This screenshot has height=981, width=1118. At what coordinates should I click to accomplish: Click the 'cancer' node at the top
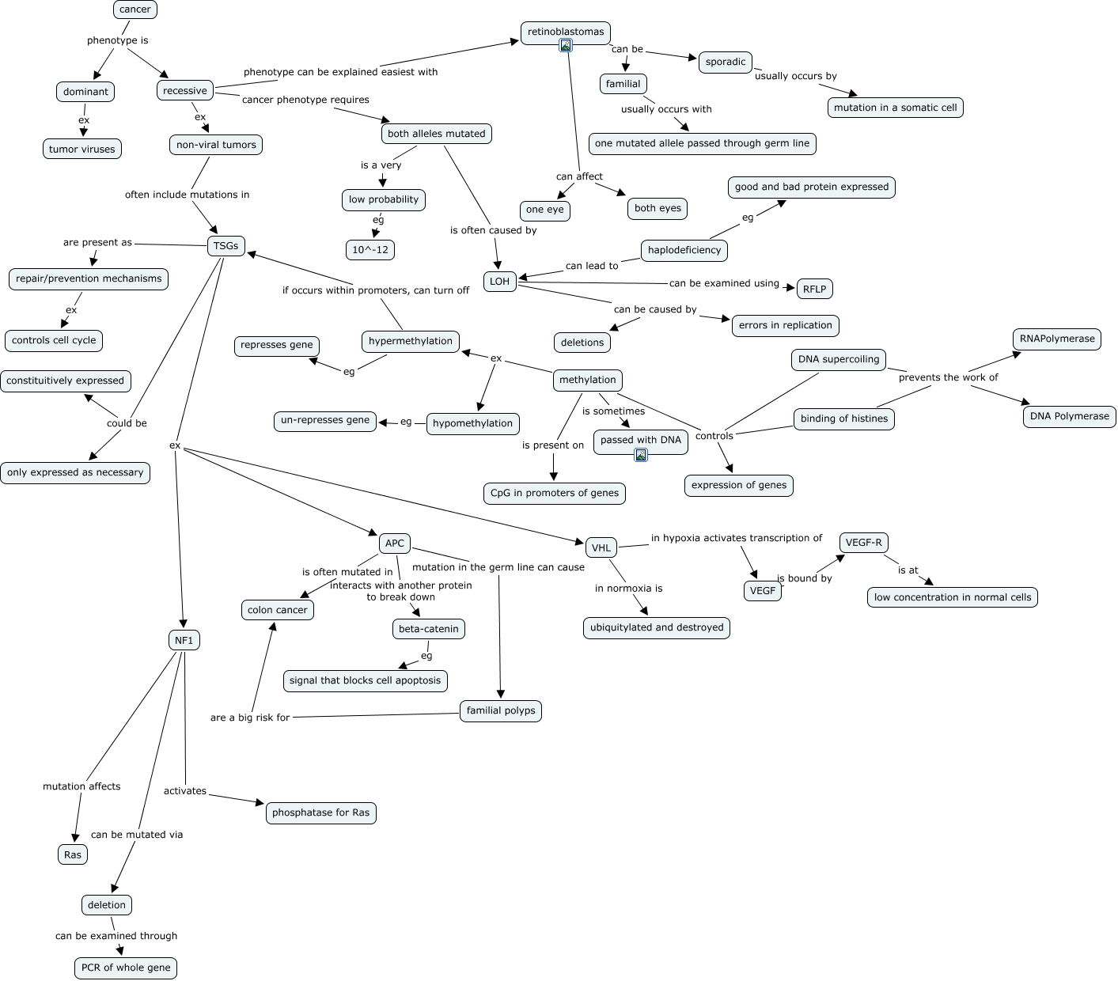[135, 9]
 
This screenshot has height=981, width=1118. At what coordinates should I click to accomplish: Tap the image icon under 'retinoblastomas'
[566, 45]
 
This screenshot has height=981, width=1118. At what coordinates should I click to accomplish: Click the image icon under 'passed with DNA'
[641, 455]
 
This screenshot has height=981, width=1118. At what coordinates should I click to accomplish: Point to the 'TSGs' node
[225, 246]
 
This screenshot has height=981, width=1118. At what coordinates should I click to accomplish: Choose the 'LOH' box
[499, 282]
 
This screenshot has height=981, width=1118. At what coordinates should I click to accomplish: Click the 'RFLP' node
[814, 289]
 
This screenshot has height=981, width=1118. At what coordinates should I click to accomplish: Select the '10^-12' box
[370, 250]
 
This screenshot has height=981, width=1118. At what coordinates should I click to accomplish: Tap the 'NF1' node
[184, 640]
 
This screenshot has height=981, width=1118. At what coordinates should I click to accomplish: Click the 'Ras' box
[73, 854]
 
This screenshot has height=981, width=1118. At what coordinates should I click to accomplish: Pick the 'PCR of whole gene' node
[126, 968]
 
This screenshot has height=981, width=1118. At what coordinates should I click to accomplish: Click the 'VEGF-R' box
[863, 543]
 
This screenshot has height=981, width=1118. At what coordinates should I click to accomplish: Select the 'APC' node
[395, 543]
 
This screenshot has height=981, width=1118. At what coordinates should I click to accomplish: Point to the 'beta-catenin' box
[429, 629]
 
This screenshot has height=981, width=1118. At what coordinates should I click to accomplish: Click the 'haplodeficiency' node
[684, 250]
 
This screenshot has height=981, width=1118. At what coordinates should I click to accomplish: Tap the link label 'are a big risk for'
[250, 718]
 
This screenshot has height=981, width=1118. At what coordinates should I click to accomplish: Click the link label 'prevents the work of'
[948, 377]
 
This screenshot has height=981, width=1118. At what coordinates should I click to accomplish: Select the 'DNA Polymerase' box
[1070, 416]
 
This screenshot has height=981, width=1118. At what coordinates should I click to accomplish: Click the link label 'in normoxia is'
[628, 588]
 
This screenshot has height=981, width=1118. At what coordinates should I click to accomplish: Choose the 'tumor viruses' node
[82, 149]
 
